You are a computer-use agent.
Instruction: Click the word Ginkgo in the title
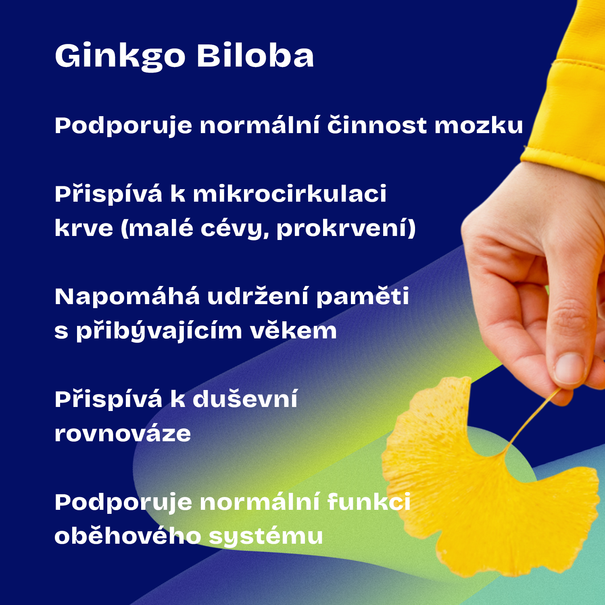coord(120,56)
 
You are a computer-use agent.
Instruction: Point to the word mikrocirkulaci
coord(290,194)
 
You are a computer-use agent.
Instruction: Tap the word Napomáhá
coord(127,297)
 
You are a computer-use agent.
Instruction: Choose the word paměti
coord(363,297)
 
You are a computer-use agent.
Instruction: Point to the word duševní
coord(245,398)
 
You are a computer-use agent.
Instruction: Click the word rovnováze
coord(123,434)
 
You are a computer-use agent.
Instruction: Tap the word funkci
coord(369,502)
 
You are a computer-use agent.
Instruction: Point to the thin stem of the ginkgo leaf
coord(532,419)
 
